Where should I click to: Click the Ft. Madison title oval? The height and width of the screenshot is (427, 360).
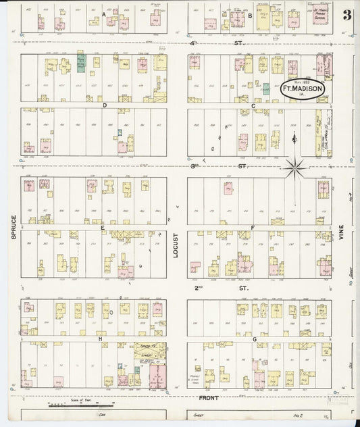pos(302,91)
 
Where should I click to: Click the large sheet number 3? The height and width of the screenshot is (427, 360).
pos(346,16)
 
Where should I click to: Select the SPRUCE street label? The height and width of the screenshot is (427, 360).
pos(12,228)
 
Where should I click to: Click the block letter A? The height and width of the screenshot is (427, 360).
pos(104,14)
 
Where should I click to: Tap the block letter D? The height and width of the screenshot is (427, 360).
pos(105,105)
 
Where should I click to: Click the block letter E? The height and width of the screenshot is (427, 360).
pos(102,228)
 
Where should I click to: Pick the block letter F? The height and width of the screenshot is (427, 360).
pos(252,228)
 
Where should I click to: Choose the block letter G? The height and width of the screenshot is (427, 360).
pos(254,339)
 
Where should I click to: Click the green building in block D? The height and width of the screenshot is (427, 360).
pos(81,65)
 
